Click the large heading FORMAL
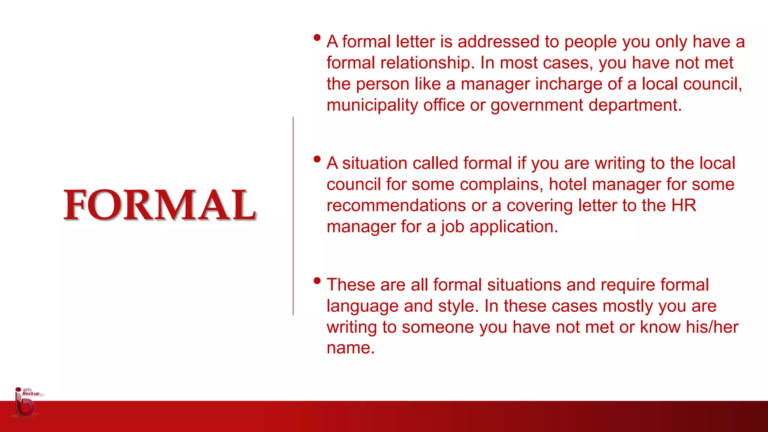point(160,205)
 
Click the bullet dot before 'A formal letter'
point(317,37)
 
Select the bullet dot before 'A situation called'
point(317,159)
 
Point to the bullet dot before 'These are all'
point(317,280)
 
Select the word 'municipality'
point(372,105)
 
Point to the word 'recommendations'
point(396,205)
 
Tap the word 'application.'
point(514,227)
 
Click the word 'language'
point(362,306)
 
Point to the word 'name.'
point(351,348)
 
